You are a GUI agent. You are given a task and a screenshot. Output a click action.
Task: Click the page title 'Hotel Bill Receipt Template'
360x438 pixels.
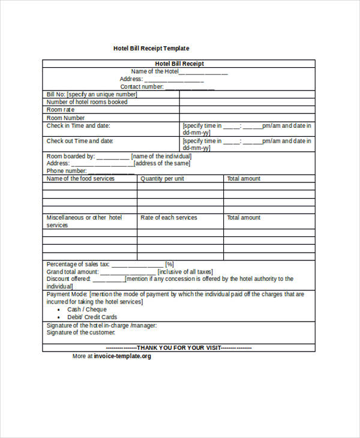point(151,48)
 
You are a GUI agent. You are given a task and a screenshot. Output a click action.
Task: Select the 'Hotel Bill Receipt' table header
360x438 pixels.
point(179,64)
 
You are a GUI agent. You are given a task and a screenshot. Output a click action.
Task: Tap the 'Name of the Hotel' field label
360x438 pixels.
point(155,71)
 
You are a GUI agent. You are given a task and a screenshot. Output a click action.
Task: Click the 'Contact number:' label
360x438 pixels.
point(142,86)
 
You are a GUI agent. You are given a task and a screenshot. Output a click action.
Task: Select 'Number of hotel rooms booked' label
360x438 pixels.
point(87,102)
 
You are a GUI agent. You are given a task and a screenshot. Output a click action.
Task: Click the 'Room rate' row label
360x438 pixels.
point(61,110)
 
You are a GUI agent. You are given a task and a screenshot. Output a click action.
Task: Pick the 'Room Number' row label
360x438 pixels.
point(65,118)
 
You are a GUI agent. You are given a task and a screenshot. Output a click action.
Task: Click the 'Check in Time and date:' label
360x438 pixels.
point(79,126)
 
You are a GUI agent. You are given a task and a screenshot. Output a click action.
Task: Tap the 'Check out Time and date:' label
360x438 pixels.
point(80,141)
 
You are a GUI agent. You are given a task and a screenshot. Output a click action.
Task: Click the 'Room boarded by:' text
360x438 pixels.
point(71,156)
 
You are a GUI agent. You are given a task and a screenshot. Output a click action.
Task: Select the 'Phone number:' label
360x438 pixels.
point(67,170)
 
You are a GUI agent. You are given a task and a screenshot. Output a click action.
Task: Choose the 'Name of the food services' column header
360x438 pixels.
point(80,178)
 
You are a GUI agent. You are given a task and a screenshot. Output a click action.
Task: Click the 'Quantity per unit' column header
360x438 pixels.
point(162,178)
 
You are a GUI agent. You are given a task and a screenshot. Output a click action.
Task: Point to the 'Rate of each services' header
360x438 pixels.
point(169,217)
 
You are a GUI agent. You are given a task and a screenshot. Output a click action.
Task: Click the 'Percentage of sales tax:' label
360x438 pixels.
point(78,264)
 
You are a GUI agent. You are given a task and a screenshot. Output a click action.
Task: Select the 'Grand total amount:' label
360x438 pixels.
point(72,271)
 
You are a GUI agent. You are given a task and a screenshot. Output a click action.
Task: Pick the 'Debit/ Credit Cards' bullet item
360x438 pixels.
point(92,317)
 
